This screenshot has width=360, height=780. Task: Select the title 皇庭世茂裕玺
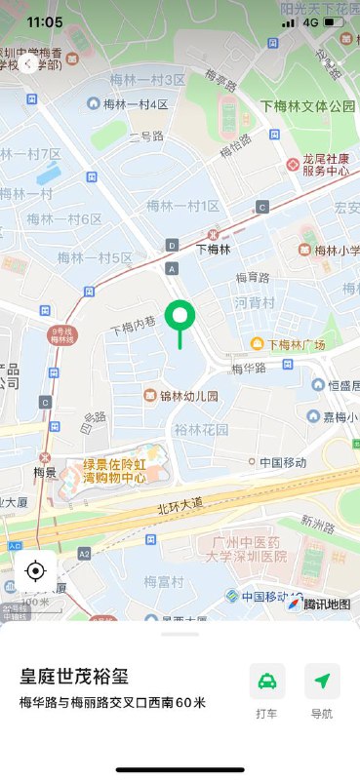point(75,677)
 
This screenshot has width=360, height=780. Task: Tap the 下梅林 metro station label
point(214,249)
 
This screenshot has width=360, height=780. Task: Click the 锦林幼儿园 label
point(188,396)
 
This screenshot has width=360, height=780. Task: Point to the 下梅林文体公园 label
point(307,105)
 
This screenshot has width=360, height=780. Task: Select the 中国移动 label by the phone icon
point(283,462)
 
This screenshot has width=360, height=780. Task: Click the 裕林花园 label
point(201,429)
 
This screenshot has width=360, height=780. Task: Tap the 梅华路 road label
point(249,369)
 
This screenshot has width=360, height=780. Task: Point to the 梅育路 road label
point(253,278)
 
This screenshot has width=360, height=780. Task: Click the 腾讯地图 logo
point(319,604)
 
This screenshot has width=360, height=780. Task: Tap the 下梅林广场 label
point(295,344)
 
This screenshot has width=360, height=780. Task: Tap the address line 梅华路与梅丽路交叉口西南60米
point(112,702)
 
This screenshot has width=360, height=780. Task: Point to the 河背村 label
point(255,303)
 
